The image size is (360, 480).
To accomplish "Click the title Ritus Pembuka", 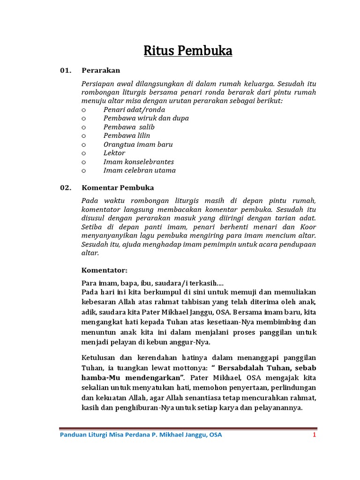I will tap(188, 50).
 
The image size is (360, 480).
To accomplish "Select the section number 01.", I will tap(66, 70).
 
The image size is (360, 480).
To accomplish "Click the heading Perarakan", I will tap(101, 70).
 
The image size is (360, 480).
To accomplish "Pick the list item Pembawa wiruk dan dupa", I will tap(146, 118).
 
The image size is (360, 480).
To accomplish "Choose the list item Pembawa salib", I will tap(129, 127).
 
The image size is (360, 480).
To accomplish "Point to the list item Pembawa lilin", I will tap(127, 135).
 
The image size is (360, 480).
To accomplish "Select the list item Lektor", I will tap(114, 153).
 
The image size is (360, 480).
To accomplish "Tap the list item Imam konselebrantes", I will tap(139, 162).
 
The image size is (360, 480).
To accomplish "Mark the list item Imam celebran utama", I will tap(140, 170).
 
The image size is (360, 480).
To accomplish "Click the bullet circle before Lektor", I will tap(84, 153).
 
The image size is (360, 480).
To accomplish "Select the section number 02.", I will tap(66, 187).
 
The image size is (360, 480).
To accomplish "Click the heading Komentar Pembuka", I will tap(118, 187).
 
